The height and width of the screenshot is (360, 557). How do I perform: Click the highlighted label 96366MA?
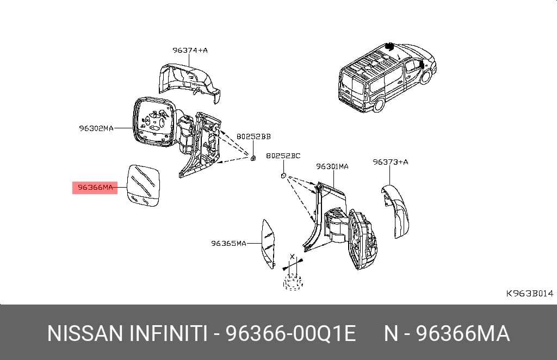(95, 188)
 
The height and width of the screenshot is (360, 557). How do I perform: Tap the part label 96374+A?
(190, 50)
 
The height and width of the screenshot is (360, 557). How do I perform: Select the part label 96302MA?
(96, 128)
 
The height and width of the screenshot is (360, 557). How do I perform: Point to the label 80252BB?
(253, 136)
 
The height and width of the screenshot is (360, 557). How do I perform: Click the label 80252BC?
(283, 156)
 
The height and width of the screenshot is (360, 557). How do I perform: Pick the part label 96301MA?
(332, 166)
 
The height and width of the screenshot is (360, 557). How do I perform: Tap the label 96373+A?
(391, 162)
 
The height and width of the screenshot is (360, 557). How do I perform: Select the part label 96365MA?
(229, 243)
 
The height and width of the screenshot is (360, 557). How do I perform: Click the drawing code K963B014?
(530, 293)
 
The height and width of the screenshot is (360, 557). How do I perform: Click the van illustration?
(387, 77)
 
